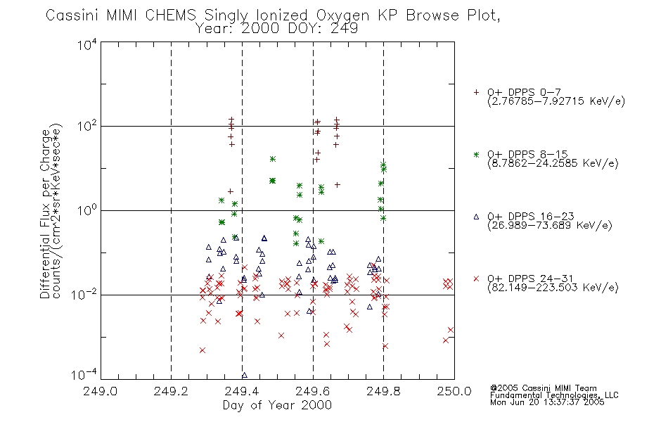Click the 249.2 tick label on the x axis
171,391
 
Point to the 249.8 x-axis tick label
383,391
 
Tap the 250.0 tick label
454,391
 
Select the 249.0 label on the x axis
100,391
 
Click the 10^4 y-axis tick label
87,44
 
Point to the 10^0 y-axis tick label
87,210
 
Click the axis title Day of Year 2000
277,405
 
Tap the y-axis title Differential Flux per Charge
45,214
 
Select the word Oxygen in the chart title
342,15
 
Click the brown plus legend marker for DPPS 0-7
476,92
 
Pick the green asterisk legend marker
476,154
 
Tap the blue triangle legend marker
476,217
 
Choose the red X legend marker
476,279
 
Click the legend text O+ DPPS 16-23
531,216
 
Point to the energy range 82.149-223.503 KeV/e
553,287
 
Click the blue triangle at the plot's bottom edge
245,376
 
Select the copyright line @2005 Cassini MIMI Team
543,388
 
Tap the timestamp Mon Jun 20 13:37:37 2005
547,402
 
